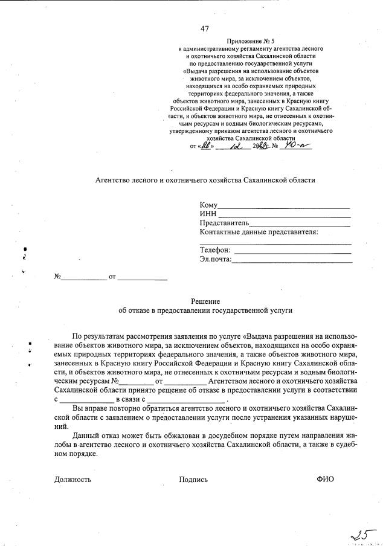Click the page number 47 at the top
click(x=204, y=28)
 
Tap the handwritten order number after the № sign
click(x=297, y=145)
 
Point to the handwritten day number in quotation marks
click(x=208, y=145)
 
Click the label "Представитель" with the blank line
click(x=225, y=223)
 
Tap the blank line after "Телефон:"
click(x=292, y=250)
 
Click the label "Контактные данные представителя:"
click(x=250, y=232)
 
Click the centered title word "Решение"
click(x=205, y=301)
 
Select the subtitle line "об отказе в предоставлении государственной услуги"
click(x=205, y=310)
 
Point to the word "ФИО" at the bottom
click(x=324, y=479)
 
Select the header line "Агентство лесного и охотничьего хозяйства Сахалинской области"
click(x=205, y=180)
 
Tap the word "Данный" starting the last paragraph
click(x=85, y=434)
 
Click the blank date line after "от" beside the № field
click(x=142, y=277)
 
